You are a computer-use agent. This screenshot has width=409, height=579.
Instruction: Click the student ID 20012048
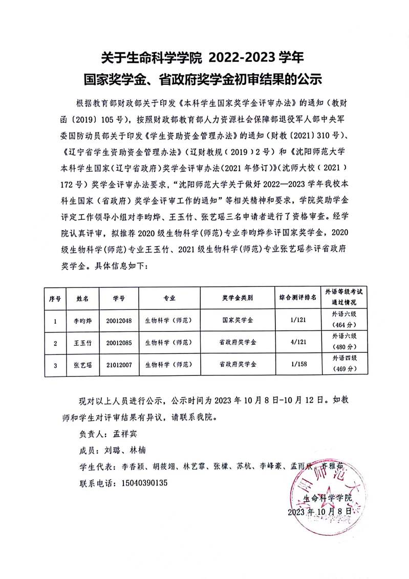point(119,321)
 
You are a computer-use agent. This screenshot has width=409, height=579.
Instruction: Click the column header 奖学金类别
point(237,297)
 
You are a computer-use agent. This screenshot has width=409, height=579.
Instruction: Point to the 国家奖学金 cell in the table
point(237,321)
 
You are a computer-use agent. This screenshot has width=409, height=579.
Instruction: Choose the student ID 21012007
point(119,364)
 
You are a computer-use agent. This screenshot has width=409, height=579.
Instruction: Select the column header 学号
point(119,297)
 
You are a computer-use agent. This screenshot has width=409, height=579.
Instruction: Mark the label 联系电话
point(96,482)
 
